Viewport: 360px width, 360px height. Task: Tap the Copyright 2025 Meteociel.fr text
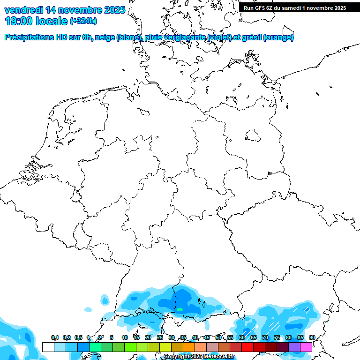pos(199,357)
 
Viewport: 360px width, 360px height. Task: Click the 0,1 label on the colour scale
pos(55,338)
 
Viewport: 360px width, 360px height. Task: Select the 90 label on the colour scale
pos(312,338)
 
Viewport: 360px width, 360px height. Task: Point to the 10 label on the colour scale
pos(125,338)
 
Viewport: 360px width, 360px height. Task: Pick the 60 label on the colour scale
pos(242,338)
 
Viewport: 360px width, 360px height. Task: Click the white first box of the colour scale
pos(48,347)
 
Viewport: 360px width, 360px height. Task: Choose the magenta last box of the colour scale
pos(306,347)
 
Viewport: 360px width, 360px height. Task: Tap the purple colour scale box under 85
pos(294,347)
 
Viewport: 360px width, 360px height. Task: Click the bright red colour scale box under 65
pos(247,347)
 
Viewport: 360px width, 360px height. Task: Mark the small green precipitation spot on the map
pos(180,309)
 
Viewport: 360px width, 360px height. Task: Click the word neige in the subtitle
pos(105,37)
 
